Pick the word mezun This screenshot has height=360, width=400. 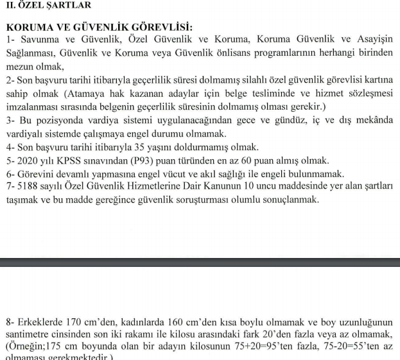[19, 67]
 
